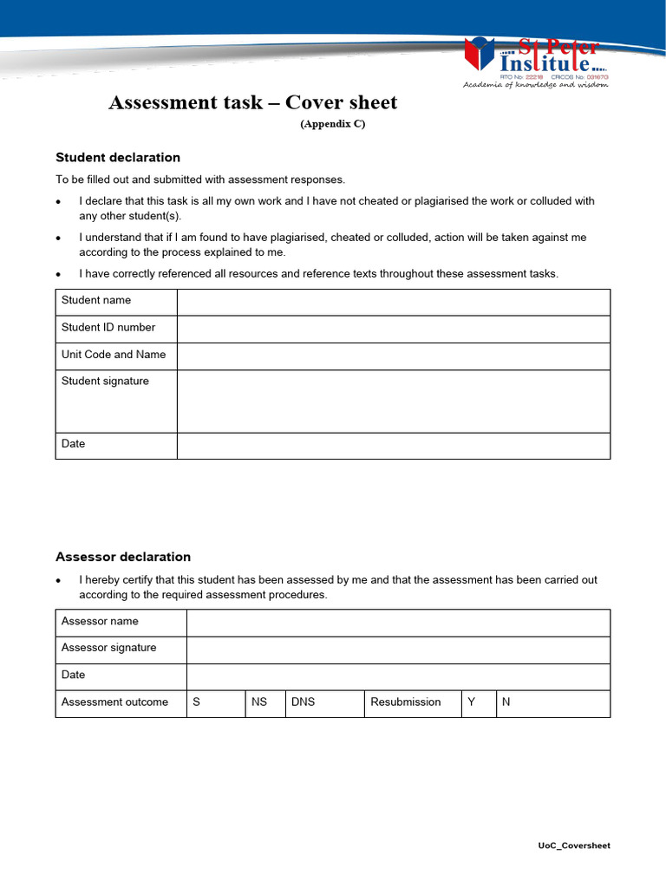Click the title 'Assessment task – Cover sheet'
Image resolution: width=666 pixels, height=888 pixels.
coord(252,102)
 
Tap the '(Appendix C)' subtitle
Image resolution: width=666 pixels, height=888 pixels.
coord(333,124)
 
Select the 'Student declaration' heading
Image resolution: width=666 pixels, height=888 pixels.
coord(118,157)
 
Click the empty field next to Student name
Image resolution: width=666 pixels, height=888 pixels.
coord(393,302)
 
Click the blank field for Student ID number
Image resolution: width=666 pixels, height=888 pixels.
coord(393,329)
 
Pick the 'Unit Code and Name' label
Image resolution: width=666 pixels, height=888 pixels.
coord(114,355)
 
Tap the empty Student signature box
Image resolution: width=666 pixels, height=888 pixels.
coord(393,401)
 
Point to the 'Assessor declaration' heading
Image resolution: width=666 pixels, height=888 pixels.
coord(123,557)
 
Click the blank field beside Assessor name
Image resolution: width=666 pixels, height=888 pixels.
coord(398,622)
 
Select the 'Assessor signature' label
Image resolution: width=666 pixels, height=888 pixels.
coord(109,648)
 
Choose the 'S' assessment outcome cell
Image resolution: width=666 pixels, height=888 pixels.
coord(216,702)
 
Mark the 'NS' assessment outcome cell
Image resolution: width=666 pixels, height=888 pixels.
coord(264,702)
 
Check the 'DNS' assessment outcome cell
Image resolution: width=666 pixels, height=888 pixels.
coord(324,702)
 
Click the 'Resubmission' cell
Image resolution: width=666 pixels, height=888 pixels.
coord(411,702)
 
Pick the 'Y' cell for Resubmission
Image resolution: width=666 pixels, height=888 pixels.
coord(478,702)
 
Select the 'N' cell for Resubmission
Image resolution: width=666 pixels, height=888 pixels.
coord(552,702)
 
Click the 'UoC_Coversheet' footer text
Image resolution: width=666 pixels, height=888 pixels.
coord(573,846)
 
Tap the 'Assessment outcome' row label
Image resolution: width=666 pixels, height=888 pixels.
coord(115,702)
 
